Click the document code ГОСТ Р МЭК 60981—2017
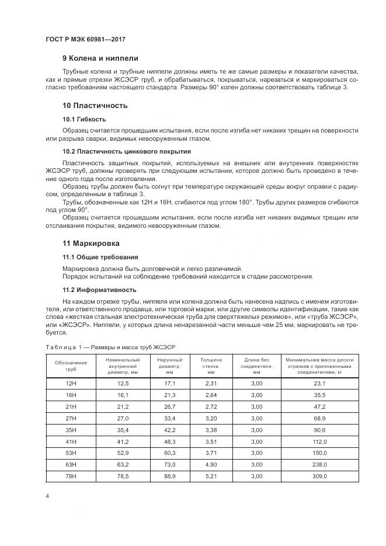(85, 39)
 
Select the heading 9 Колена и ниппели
(100, 58)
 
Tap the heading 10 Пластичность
(95, 106)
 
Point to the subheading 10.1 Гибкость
(84, 119)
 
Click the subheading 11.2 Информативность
(99, 289)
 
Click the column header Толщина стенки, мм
(211, 366)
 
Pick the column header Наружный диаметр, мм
(170, 366)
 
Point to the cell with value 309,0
(319, 477)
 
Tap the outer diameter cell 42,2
(170, 430)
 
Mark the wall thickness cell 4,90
(211, 465)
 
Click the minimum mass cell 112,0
(319, 442)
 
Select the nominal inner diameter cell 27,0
(123, 419)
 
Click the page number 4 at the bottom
(47, 496)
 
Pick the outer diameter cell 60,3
(170, 453)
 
